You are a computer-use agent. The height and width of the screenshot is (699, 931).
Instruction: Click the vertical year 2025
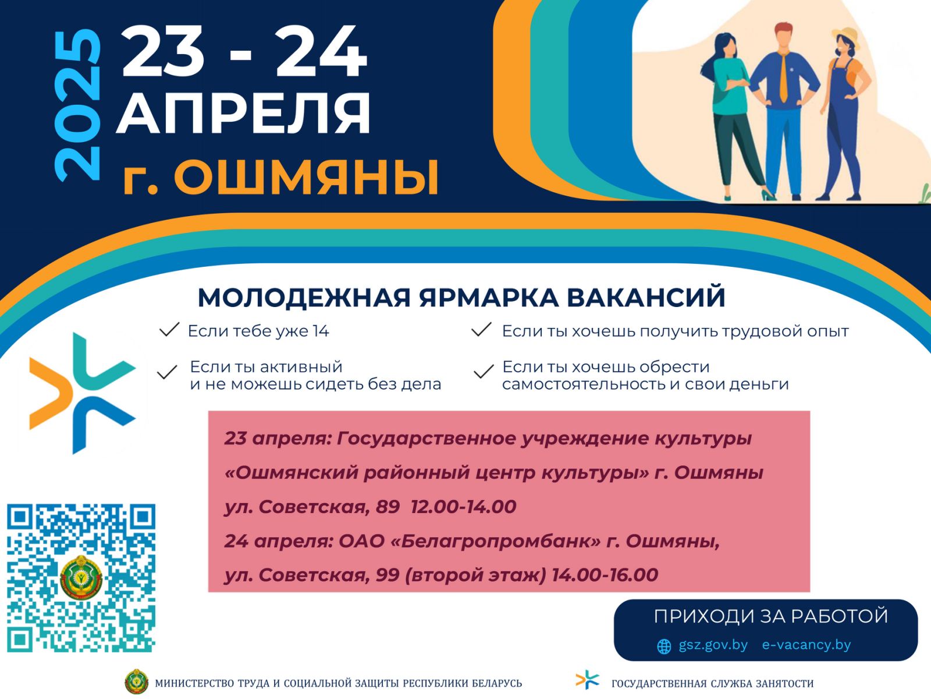click(77, 105)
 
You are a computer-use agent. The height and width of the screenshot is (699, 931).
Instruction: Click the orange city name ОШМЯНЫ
click(306, 178)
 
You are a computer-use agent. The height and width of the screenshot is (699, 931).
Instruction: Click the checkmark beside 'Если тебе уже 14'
click(169, 330)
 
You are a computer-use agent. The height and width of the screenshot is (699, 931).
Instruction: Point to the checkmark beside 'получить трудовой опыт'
click(481, 330)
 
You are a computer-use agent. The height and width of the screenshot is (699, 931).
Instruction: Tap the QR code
click(81, 578)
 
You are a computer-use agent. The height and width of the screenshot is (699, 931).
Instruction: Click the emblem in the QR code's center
click(81, 578)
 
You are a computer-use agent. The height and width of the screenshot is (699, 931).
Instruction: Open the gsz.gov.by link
click(713, 645)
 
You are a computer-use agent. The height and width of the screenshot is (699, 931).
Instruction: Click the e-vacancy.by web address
click(806, 645)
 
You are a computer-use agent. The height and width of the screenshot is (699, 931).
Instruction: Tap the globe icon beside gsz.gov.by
click(664, 647)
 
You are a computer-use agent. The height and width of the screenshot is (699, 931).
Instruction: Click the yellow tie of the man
click(783, 76)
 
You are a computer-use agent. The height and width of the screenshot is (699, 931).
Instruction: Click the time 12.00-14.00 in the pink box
click(464, 507)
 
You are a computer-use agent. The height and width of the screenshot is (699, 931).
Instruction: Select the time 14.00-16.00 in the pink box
click(605, 575)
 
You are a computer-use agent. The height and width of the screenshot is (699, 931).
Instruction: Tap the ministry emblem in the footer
click(137, 682)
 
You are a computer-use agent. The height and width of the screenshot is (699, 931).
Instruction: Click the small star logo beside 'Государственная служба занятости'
click(587, 680)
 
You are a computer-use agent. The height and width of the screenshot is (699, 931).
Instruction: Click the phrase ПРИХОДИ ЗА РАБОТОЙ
click(770, 616)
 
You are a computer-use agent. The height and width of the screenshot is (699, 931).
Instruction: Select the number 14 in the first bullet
click(321, 331)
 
